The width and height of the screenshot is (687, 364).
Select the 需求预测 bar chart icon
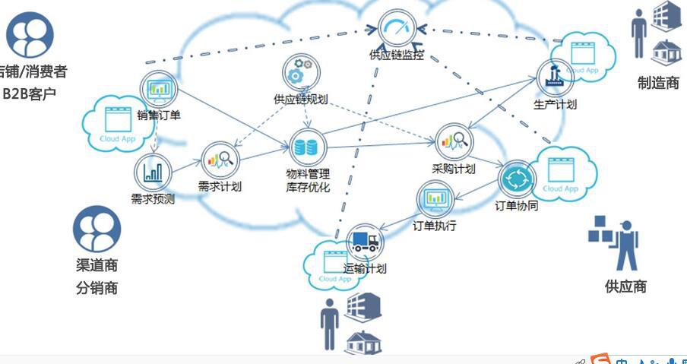(x=152, y=172)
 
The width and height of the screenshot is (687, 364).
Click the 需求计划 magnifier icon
(x=222, y=160)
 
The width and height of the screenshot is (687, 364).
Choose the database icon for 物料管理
(x=307, y=147)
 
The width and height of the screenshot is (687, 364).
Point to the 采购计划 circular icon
(x=454, y=141)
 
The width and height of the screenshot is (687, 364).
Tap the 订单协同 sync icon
(x=516, y=179)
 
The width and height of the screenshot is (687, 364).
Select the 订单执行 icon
(x=435, y=200)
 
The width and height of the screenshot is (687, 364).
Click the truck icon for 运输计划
(x=365, y=242)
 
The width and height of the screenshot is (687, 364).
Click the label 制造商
(x=658, y=83)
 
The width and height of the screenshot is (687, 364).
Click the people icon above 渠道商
(x=97, y=229)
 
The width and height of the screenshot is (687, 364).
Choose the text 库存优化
(x=308, y=187)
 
